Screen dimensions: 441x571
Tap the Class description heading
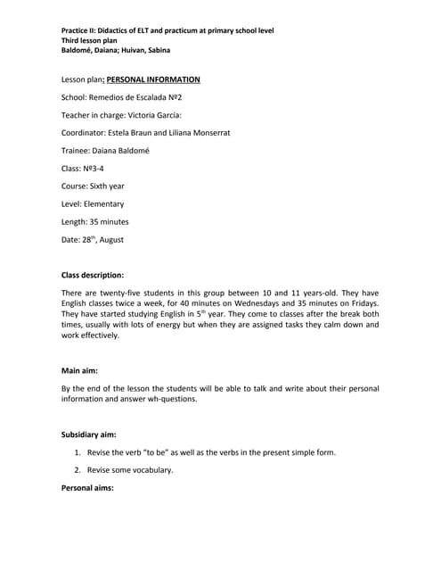[92, 275]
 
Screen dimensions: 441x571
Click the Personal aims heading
[87, 487]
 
